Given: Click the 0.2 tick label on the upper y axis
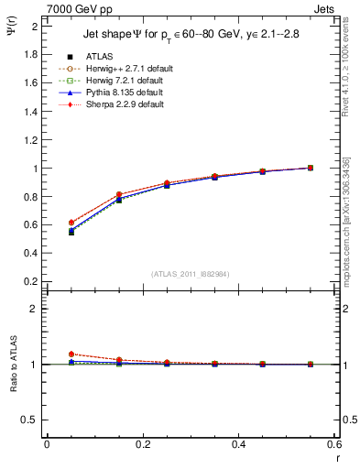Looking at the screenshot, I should pyautogui.click(x=30, y=282).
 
